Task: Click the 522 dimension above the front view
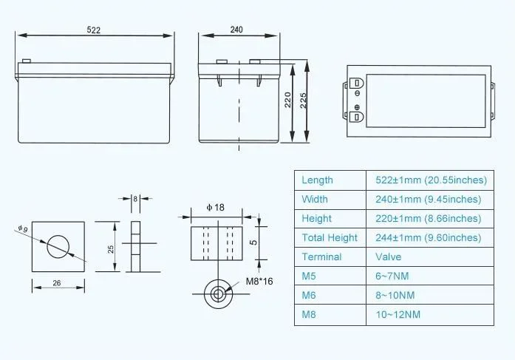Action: click(94, 30)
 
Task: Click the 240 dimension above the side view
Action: click(236, 30)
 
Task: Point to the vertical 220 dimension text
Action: click(287, 100)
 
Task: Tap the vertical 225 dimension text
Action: click(303, 101)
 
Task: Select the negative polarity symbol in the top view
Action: click(358, 93)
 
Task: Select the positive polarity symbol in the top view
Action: click(358, 107)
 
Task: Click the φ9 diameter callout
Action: click(23, 228)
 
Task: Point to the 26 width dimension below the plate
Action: click(57, 283)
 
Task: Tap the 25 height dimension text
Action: click(111, 249)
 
